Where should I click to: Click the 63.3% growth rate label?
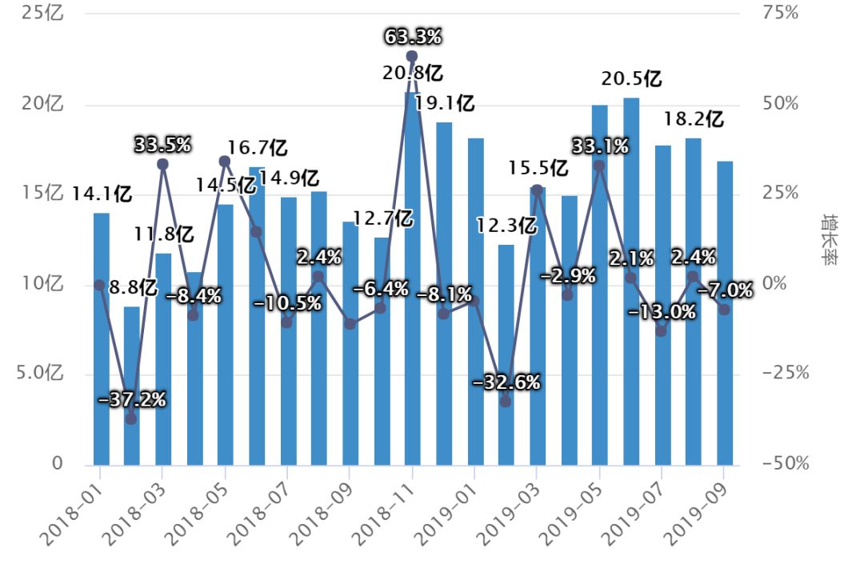coord(413,37)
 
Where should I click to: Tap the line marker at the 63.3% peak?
coord(412,56)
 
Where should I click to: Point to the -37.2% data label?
coord(132,399)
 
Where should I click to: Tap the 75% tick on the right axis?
coord(781,14)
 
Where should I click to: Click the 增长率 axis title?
coord(830,239)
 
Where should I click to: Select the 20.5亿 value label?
coord(632,80)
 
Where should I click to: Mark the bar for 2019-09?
coord(725,313)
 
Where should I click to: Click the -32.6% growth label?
coord(506,382)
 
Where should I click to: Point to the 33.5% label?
coord(162,146)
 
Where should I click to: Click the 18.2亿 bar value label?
coord(694,120)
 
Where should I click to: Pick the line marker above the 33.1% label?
coord(599,166)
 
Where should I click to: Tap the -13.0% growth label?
coord(662,311)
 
